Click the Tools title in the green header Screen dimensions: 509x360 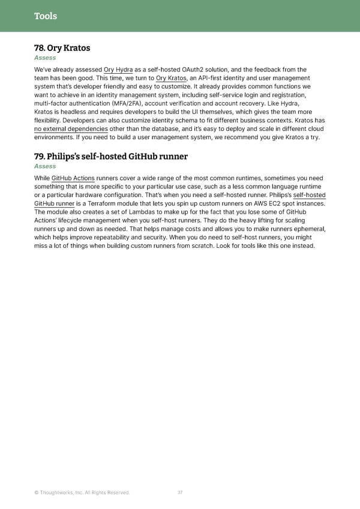(46, 16)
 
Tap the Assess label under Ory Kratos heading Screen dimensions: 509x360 (45, 58)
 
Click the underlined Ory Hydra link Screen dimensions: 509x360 (118, 70)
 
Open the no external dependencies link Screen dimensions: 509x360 (71, 128)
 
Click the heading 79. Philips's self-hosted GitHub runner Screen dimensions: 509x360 (111, 157)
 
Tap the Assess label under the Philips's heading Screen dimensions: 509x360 (45, 166)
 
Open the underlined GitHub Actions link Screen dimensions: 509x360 (73, 178)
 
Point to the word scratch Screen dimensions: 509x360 (211, 245)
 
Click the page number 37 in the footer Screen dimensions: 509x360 (180, 493)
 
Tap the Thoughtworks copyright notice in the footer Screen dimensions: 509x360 (82, 493)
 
